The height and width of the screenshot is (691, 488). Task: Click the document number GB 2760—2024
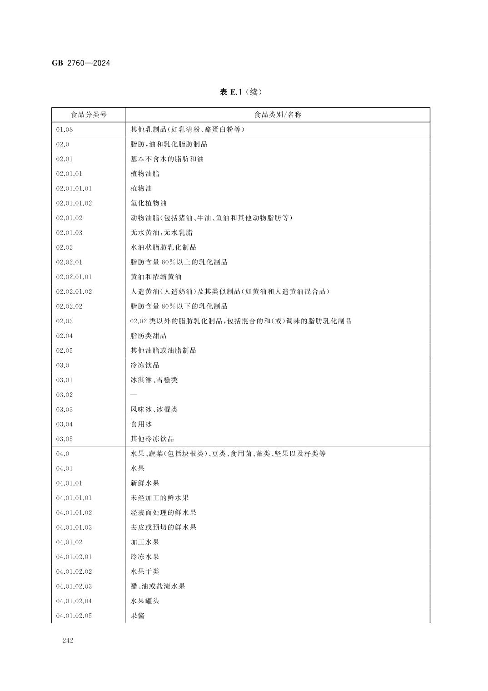tap(81, 63)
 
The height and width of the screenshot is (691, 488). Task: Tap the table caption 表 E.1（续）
tap(241, 92)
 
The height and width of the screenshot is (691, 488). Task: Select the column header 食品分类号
tap(89, 115)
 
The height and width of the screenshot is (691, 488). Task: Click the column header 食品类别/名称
tap(278, 115)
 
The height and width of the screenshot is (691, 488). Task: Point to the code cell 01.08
tap(65, 130)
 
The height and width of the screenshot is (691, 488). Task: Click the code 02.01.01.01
tap(74, 188)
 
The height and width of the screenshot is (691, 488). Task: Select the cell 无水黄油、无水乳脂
tap(161, 233)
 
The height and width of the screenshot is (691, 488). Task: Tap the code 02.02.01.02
tap(74, 291)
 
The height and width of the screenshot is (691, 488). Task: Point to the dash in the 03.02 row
tap(134, 395)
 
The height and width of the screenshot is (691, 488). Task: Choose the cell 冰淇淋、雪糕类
tap(154, 380)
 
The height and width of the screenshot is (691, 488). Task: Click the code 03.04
tap(65, 424)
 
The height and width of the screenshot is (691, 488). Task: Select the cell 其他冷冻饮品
tap(152, 439)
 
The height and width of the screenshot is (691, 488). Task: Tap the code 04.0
tap(63, 454)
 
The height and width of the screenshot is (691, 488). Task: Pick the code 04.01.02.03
tap(74, 586)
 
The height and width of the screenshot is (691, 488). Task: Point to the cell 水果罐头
tap(145, 601)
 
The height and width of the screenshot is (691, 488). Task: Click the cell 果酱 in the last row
tap(138, 616)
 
